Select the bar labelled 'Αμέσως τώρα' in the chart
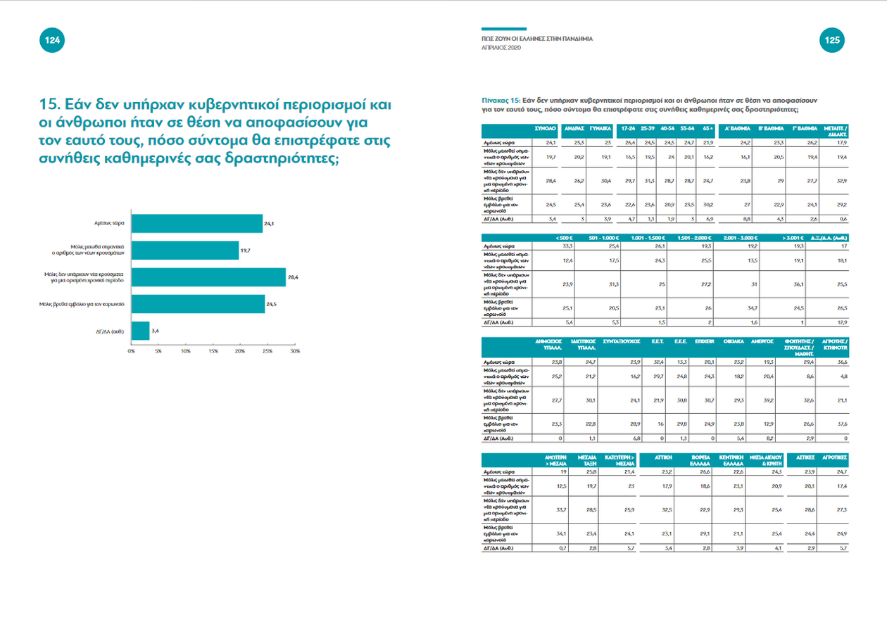(196, 223)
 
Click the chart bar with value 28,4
(208, 277)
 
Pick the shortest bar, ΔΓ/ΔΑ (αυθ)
(140, 331)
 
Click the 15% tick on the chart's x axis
(213, 350)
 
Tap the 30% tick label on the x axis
(294, 350)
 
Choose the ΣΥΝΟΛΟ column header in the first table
(546, 129)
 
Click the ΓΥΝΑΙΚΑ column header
(599, 129)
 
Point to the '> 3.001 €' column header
(791, 236)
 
